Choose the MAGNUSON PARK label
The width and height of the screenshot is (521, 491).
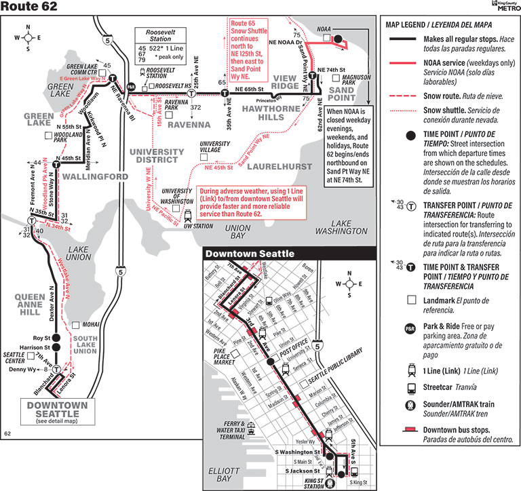click(x=357, y=80)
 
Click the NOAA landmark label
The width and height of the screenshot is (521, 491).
click(x=324, y=30)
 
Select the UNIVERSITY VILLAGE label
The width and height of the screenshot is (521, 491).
click(x=214, y=146)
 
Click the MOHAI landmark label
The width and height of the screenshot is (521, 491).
click(x=91, y=324)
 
